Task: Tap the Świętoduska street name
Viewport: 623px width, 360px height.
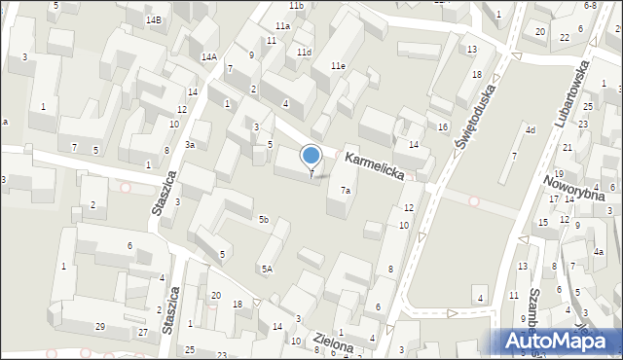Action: click(x=476, y=115)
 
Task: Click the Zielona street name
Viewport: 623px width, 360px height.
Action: click(x=333, y=342)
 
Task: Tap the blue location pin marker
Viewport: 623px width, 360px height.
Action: click(x=311, y=156)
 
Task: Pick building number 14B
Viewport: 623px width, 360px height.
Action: click(x=154, y=20)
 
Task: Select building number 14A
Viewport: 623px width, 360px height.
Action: click(x=209, y=57)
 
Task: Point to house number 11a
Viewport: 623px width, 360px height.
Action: click(x=282, y=26)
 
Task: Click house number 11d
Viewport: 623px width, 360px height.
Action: click(x=305, y=52)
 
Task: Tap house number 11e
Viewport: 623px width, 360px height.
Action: click(x=337, y=65)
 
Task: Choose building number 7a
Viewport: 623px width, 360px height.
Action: click(x=345, y=191)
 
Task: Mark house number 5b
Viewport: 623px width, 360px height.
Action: click(x=263, y=220)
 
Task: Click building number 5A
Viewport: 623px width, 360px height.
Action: click(x=266, y=269)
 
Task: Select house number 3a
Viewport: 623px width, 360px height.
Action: click(x=191, y=145)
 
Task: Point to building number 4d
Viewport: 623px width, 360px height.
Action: click(x=531, y=129)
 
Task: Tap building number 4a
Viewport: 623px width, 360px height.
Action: click(x=600, y=251)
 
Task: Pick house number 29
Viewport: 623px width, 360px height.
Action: click(x=99, y=326)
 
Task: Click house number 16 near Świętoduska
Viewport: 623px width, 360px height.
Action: click(x=442, y=127)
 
